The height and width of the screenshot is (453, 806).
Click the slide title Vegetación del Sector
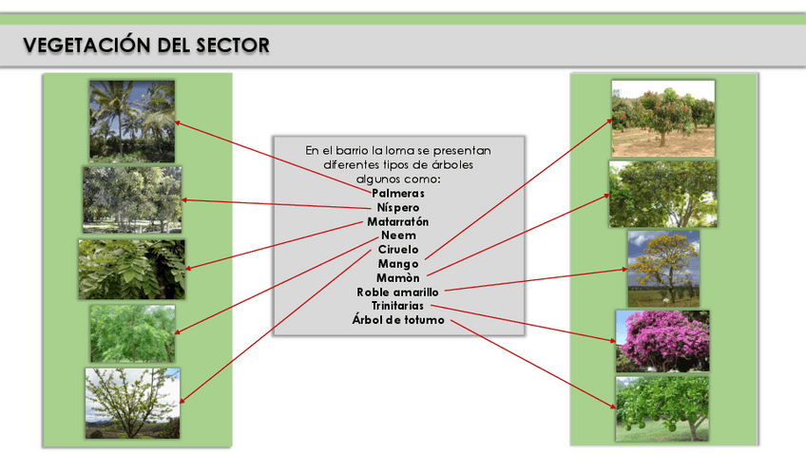click(x=145, y=45)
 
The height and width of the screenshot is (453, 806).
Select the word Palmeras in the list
click(x=397, y=193)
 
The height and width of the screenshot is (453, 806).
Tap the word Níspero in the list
click(x=397, y=207)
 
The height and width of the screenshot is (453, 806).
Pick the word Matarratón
click(x=397, y=221)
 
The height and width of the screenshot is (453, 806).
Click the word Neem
click(x=397, y=236)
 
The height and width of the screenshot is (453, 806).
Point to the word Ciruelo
click(x=397, y=250)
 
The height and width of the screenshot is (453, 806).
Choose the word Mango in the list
click(x=397, y=264)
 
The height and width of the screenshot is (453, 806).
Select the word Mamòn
click(x=397, y=277)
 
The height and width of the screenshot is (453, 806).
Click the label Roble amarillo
click(x=397, y=293)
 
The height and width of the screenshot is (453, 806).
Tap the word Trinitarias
click(x=397, y=306)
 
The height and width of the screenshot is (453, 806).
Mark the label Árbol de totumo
click(x=397, y=320)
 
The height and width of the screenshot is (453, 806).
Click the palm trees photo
click(x=132, y=121)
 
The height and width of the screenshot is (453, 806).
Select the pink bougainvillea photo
click(x=662, y=341)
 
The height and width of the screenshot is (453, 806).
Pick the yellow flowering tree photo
click(x=662, y=268)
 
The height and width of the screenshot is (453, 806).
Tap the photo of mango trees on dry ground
click(x=662, y=118)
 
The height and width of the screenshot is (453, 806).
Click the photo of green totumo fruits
click(x=662, y=408)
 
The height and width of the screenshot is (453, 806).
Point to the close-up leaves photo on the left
click(x=131, y=269)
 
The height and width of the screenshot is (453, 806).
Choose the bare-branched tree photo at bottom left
click(x=132, y=403)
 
